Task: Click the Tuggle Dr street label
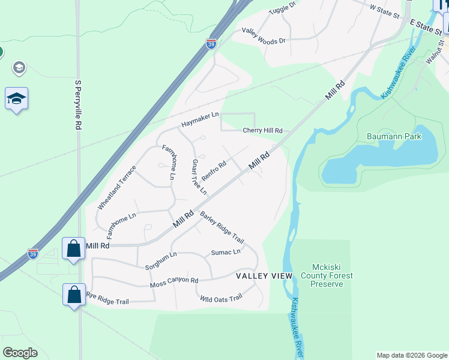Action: click(x=283, y=8)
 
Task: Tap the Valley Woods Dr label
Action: click(x=264, y=35)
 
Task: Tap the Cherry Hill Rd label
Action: click(x=262, y=131)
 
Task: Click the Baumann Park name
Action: click(x=394, y=136)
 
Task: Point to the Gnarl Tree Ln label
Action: click(x=199, y=176)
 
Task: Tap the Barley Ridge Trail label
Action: click(x=222, y=226)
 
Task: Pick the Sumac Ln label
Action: click(x=226, y=253)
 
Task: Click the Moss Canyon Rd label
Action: click(x=174, y=281)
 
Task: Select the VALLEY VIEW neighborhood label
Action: click(x=264, y=276)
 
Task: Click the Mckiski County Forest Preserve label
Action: click(x=327, y=275)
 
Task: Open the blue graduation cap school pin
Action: click(x=16, y=98)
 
